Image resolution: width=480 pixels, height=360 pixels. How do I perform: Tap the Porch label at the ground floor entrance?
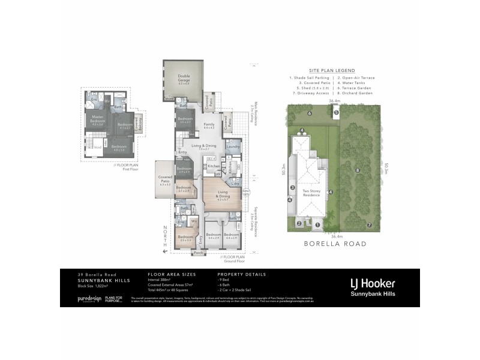[x=199, y=252]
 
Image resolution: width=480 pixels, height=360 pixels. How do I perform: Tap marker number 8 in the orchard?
[x=358, y=170]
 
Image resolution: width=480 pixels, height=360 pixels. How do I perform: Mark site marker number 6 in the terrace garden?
[x=310, y=113]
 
